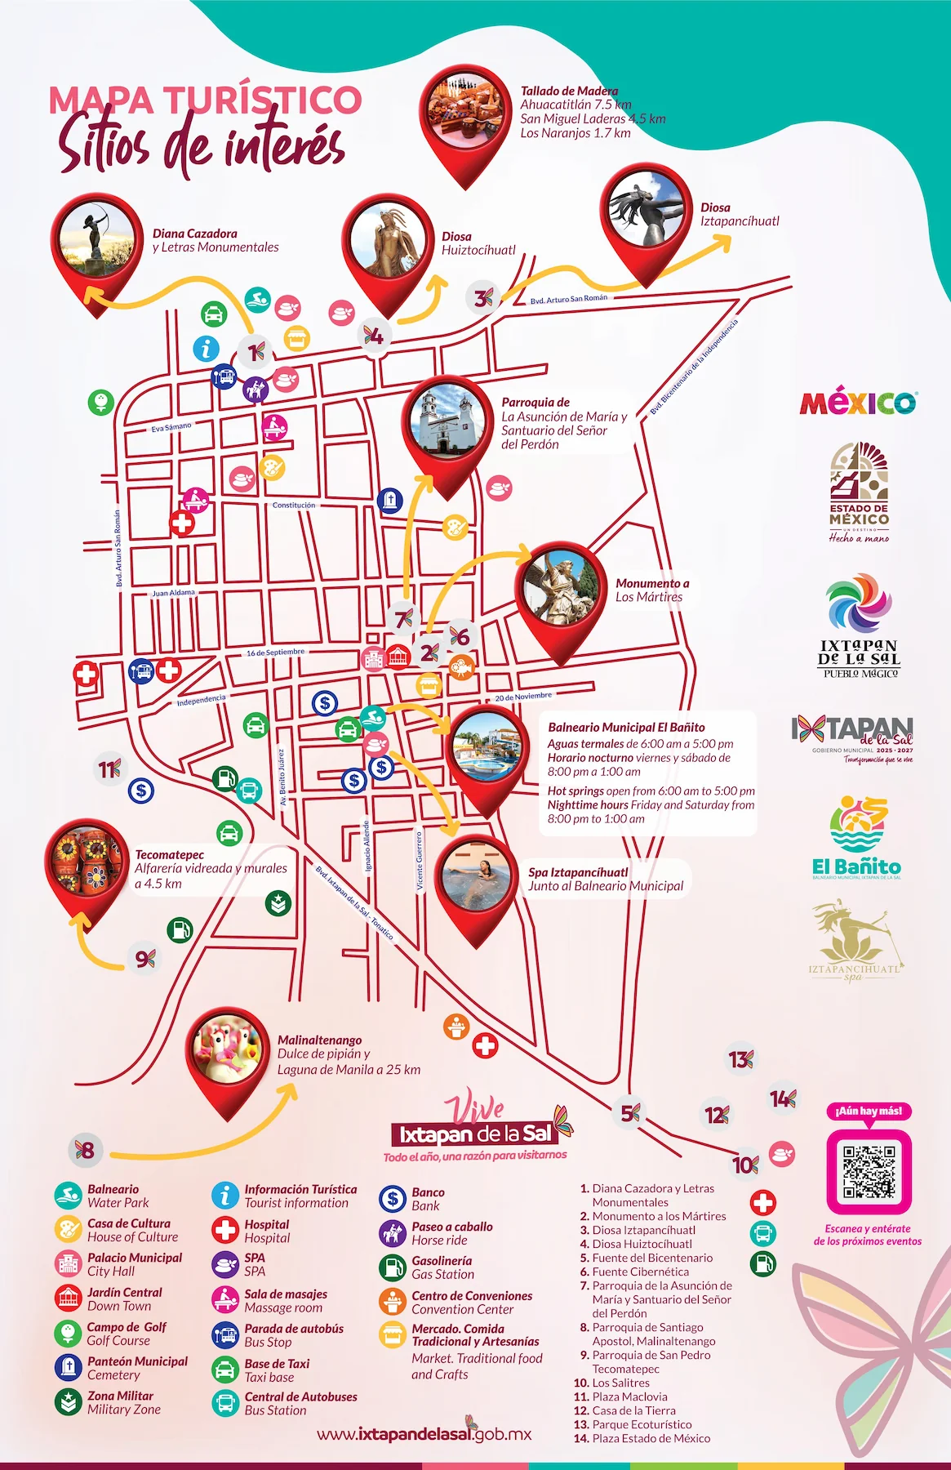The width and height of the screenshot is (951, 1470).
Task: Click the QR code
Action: [869, 1171]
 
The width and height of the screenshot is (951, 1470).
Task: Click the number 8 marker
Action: [85, 1151]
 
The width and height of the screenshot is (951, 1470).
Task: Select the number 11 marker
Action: [109, 769]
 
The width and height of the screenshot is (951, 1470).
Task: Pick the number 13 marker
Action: [740, 1060]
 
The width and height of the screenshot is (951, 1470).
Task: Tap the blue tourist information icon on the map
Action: [206, 349]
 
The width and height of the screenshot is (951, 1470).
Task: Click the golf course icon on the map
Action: [100, 402]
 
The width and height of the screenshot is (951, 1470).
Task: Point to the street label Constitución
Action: [294, 506]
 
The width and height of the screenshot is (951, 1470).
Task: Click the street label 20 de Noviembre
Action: [523, 697]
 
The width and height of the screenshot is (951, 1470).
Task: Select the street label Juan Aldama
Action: [174, 593]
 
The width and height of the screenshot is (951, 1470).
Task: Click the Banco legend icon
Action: [393, 1198]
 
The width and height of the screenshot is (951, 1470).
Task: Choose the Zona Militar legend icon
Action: [68, 1402]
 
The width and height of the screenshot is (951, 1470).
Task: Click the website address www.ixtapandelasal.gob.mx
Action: [424, 1434]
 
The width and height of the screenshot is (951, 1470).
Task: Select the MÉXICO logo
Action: [858, 403]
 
